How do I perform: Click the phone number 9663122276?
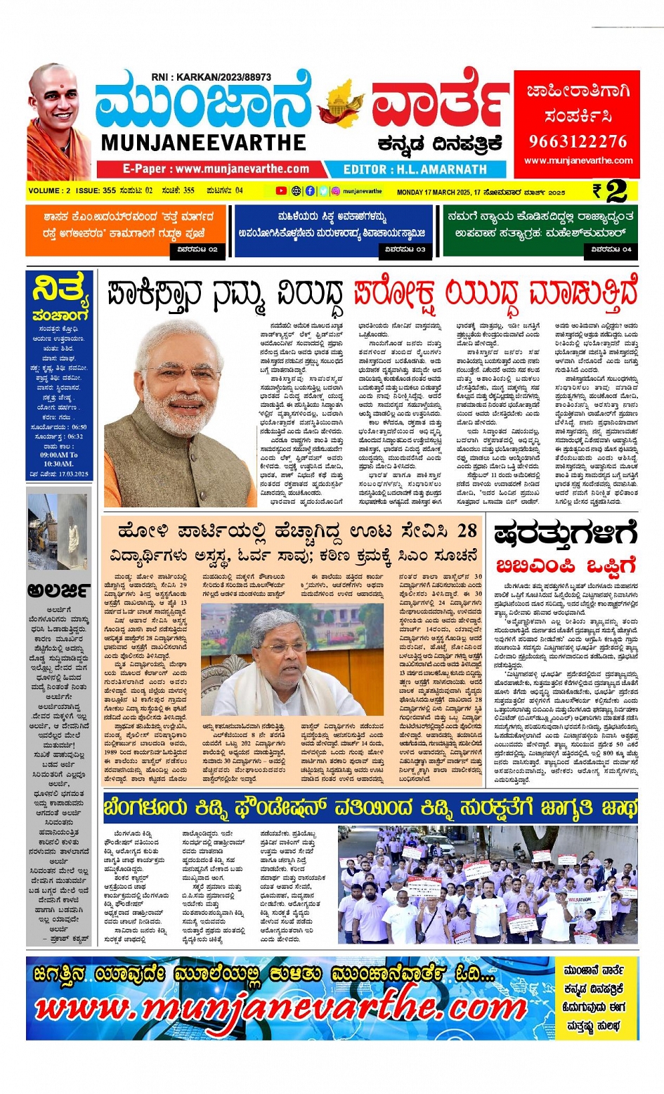pyautogui.click(x=578, y=141)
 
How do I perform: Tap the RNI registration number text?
pyautogui.click(x=211, y=77)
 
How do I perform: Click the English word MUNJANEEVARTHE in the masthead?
pyautogui.click(x=203, y=143)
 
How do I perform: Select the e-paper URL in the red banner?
pyautogui.click(x=216, y=169)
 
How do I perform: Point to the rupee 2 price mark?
pyautogui.click(x=609, y=191)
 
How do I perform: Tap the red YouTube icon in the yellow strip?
pyautogui.click(x=281, y=190)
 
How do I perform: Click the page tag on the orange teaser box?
pyautogui.click(x=197, y=249)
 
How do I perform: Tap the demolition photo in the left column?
pyautogui.click(x=58, y=531)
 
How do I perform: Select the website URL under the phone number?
pyautogui.click(x=578, y=161)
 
